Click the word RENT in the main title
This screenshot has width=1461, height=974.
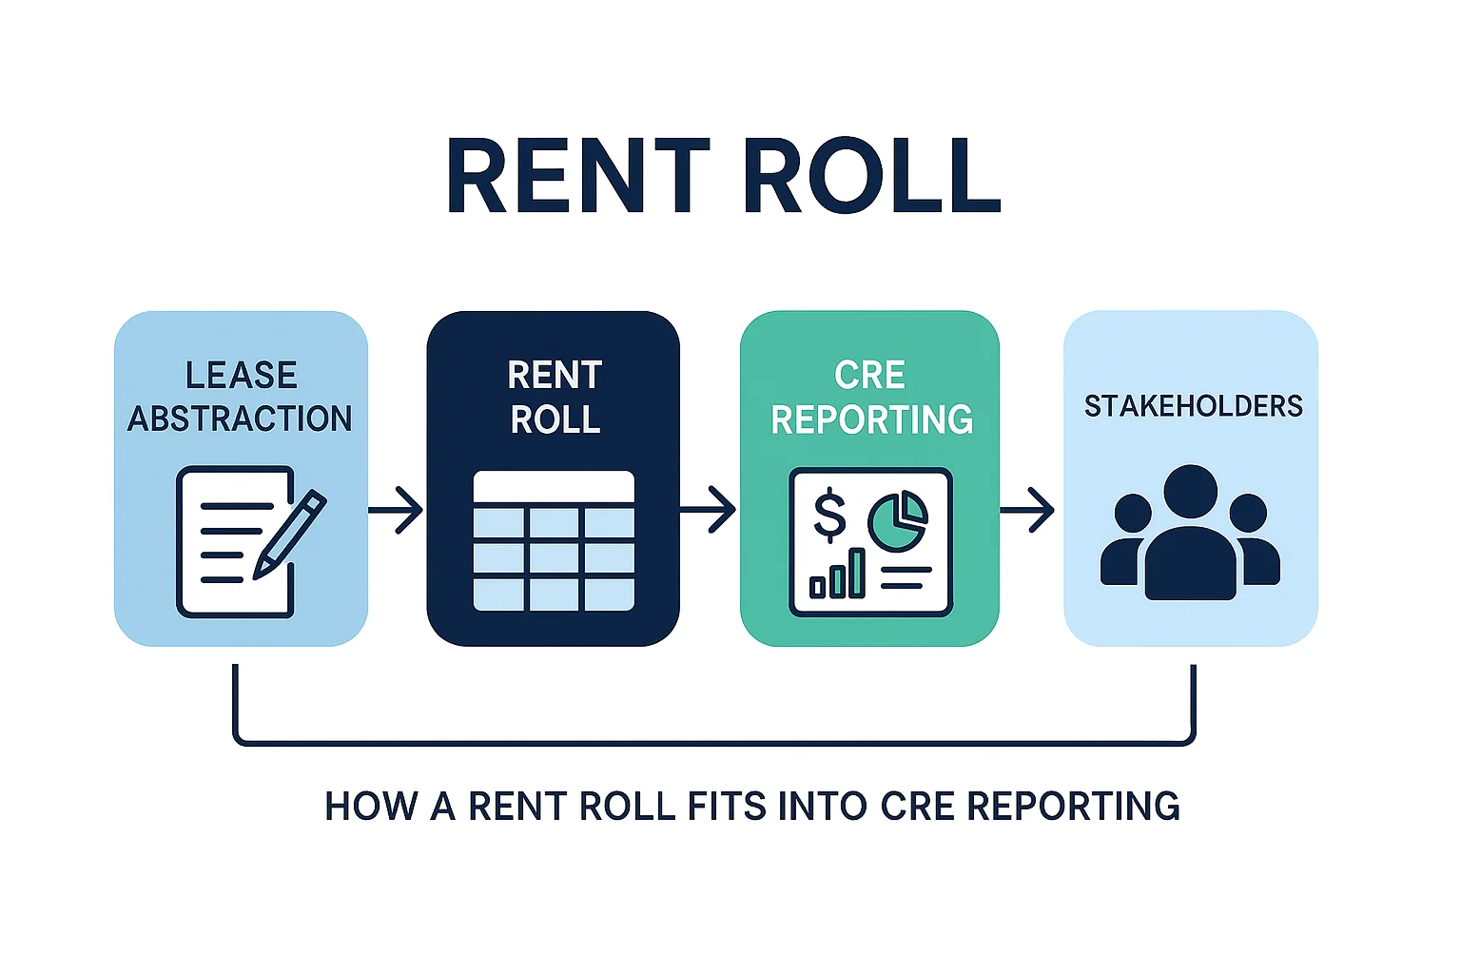tap(577, 177)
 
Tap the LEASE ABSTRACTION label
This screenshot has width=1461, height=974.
tap(241, 397)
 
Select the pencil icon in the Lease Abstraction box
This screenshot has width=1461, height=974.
tap(290, 533)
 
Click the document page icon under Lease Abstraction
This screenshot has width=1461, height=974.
tap(228, 542)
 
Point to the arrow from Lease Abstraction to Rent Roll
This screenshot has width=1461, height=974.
tap(396, 511)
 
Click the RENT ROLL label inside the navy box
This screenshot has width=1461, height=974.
tap(555, 397)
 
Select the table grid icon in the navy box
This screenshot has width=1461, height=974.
tap(554, 540)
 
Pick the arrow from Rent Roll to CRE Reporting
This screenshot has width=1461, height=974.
tap(708, 511)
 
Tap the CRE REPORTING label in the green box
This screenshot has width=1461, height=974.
tap(870, 397)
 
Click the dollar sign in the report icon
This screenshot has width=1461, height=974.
tap(829, 515)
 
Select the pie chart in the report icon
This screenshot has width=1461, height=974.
tap(897, 521)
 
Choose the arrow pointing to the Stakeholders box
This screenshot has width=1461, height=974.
tap(1027, 511)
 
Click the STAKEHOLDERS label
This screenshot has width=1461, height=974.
tap(1193, 406)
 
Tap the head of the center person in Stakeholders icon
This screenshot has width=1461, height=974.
tap(1190, 492)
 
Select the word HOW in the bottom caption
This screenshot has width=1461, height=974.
tap(371, 807)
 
